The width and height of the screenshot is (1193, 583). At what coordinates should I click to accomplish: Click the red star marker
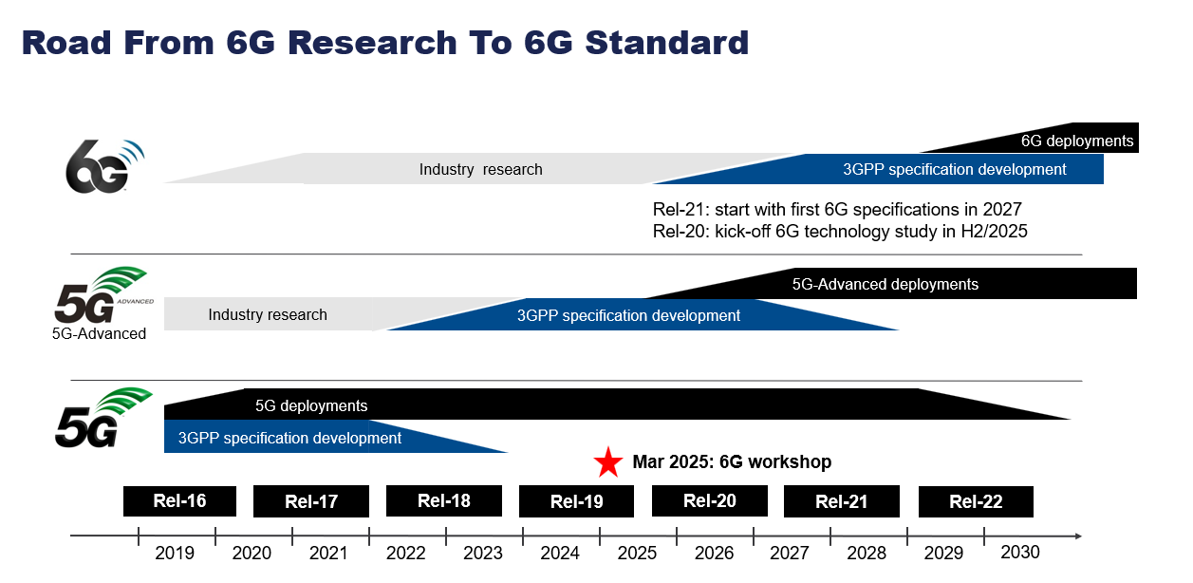click(x=607, y=462)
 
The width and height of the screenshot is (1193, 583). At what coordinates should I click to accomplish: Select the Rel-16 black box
click(x=179, y=500)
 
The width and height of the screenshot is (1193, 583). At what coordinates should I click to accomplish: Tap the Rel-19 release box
click(x=576, y=501)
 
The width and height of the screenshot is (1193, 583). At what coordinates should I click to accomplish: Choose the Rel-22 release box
click(x=976, y=501)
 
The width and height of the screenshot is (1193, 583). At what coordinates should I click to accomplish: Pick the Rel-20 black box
click(x=709, y=500)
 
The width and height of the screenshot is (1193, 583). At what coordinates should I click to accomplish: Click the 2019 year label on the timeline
click(x=175, y=553)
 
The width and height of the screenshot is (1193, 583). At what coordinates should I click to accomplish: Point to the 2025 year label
click(x=637, y=553)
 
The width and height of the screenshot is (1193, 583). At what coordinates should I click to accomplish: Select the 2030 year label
click(x=1020, y=552)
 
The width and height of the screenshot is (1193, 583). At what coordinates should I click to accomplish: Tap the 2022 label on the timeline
click(x=406, y=553)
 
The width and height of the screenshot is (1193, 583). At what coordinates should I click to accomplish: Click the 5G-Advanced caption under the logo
click(x=100, y=333)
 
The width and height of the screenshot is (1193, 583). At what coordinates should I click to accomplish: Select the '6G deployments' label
click(x=1076, y=141)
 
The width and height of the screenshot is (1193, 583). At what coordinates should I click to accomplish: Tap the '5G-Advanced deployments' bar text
click(x=885, y=284)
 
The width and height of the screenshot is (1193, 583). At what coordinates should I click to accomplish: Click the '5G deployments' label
click(x=311, y=405)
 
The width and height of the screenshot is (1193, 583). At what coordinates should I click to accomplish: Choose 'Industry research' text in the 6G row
click(x=480, y=169)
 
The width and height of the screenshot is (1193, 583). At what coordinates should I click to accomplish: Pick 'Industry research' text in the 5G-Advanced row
click(x=268, y=314)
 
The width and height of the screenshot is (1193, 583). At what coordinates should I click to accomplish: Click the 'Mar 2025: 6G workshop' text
click(x=732, y=462)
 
